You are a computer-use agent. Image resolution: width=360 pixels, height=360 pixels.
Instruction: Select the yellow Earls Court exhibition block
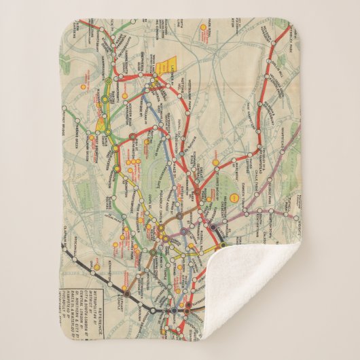[x=102, y=124]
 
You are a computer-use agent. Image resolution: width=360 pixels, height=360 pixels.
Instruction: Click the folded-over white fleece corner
[x=272, y=292]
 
